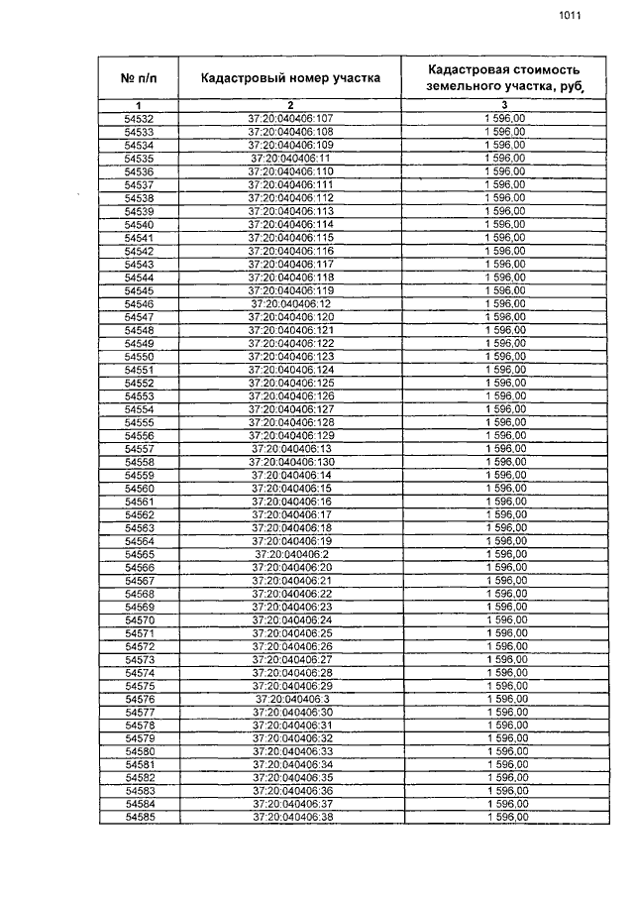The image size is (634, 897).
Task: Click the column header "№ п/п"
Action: pyautogui.click(x=139, y=77)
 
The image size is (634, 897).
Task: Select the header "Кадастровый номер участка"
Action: pyautogui.click(x=290, y=77)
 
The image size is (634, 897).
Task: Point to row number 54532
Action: pyautogui.click(x=139, y=119)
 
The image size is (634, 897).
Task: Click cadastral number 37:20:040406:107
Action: pyautogui.click(x=290, y=119)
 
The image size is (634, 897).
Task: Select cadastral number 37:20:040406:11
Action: pyautogui.click(x=290, y=159)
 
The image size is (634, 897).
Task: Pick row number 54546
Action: pyautogui.click(x=139, y=303)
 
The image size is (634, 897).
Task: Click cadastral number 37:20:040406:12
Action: pyautogui.click(x=290, y=303)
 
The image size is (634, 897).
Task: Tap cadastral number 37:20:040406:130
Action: pyautogui.click(x=290, y=462)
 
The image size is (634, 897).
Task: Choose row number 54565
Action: pyautogui.click(x=139, y=554)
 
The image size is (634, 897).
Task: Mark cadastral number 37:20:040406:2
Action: pyautogui.click(x=290, y=554)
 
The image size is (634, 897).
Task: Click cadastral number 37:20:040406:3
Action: pyautogui.click(x=290, y=699)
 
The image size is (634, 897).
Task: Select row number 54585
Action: pyautogui.click(x=139, y=818)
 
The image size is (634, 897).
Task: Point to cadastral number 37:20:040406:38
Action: pyautogui.click(x=290, y=818)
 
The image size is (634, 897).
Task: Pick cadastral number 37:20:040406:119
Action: pyautogui.click(x=290, y=290)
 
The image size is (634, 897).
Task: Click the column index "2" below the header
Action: pyautogui.click(x=290, y=105)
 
